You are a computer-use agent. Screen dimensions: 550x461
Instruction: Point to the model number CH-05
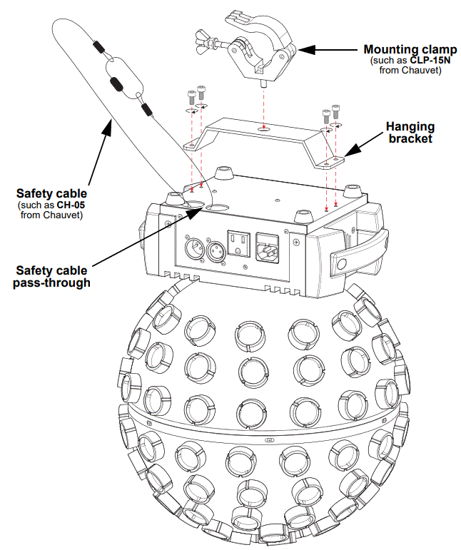(70, 207)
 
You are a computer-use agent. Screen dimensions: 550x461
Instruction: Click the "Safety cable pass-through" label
(53, 276)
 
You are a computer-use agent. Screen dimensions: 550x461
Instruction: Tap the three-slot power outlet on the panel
(237, 243)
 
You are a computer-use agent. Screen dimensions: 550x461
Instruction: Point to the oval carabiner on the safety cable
(123, 78)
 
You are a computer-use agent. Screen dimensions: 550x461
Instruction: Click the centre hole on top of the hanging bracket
(263, 129)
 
